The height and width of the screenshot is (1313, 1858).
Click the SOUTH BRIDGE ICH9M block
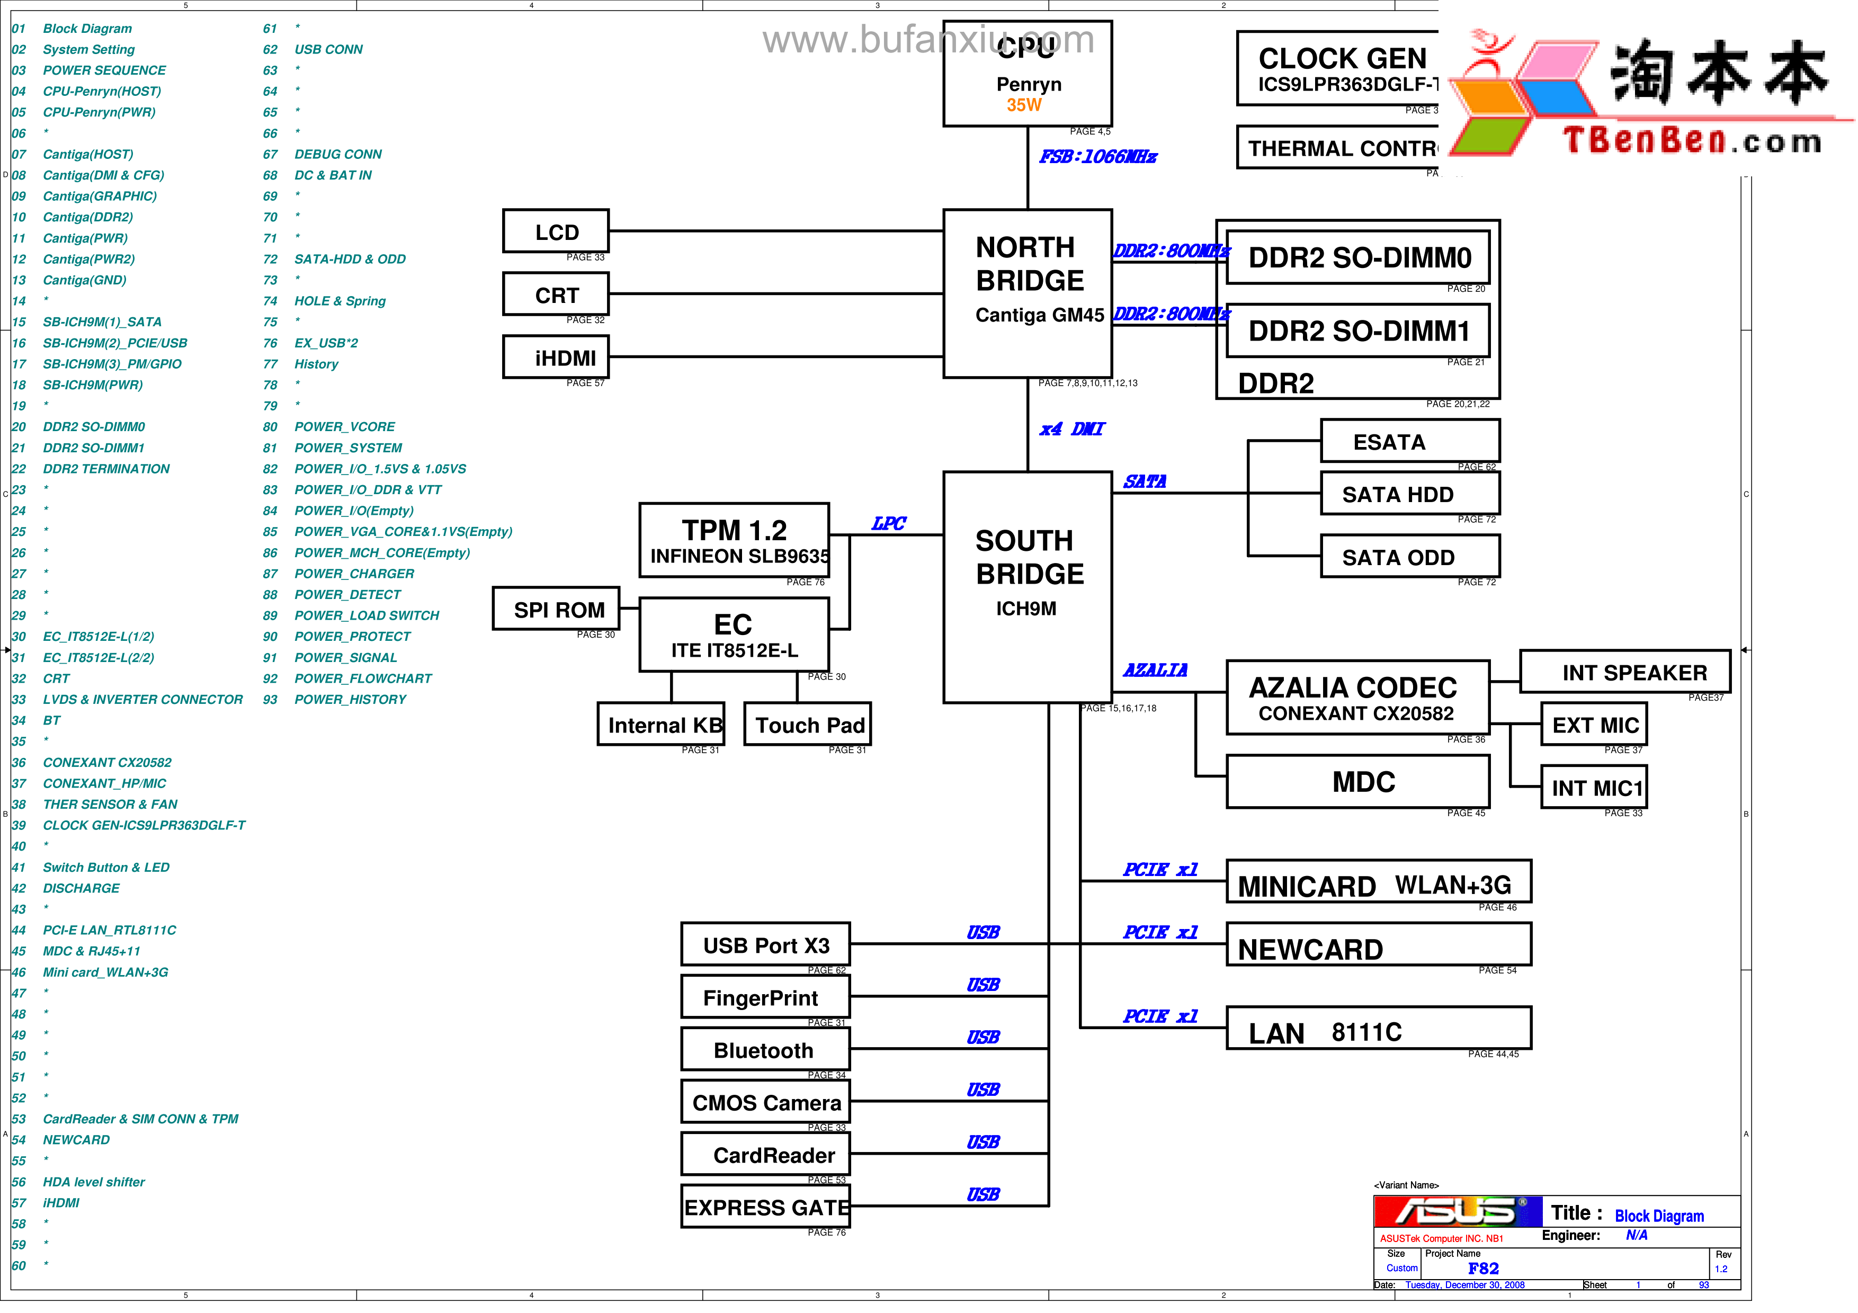(1028, 586)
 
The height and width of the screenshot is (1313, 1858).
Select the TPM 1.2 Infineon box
(734, 540)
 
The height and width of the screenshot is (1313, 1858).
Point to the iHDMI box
(556, 357)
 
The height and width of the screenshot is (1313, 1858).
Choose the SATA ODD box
(1410, 557)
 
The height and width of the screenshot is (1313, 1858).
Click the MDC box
(1358, 781)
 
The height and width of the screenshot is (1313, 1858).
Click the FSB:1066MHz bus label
(1097, 157)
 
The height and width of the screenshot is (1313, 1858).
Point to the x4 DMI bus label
(1071, 429)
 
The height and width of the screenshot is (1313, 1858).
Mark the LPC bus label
(889, 523)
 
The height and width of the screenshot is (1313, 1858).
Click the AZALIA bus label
(1155, 670)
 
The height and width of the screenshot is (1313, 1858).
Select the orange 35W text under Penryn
(1024, 105)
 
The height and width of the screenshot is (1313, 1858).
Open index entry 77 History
(316, 364)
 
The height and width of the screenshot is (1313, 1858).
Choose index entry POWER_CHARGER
(354, 574)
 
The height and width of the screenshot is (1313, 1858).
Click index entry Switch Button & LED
(106, 867)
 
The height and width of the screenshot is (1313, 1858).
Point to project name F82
(1482, 1269)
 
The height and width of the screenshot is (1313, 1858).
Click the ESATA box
(1410, 442)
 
